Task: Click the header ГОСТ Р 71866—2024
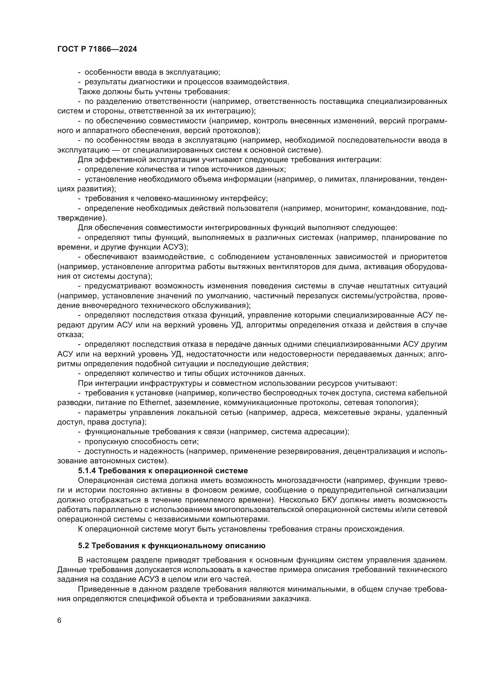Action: (97, 49)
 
